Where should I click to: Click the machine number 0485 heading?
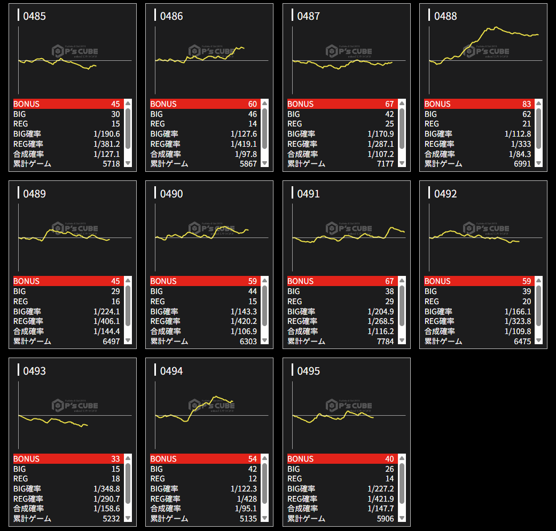(34, 17)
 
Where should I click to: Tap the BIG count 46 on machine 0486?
(252, 114)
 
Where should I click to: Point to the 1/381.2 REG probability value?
(107, 144)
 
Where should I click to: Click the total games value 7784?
(385, 342)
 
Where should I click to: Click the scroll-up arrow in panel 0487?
(402, 104)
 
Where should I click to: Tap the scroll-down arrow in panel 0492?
(539, 341)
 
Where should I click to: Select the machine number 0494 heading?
(171, 371)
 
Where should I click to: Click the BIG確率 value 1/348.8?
(107, 489)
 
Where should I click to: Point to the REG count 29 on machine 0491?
(389, 302)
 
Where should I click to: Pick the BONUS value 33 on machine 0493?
(115, 459)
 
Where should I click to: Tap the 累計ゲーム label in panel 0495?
(306, 519)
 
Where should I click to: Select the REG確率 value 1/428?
(246, 498)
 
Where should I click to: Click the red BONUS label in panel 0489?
(26, 281)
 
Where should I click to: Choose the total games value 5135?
(247, 519)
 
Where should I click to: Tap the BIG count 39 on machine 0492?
(526, 291)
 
